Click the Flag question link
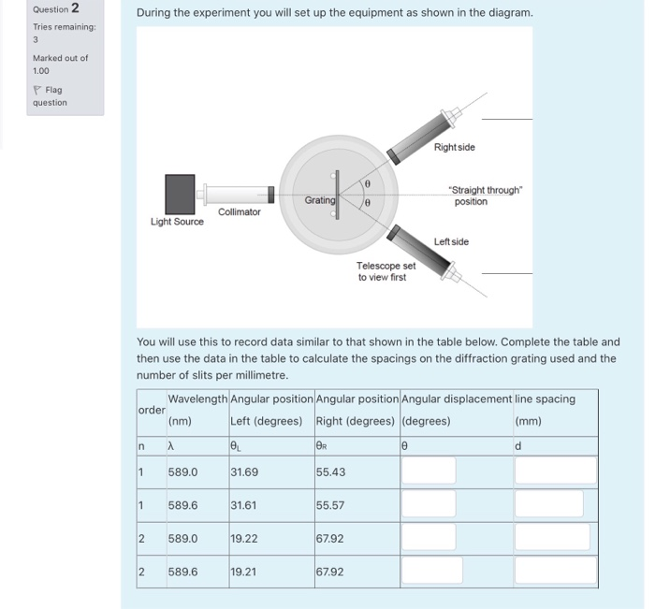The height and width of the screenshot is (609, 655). click(x=51, y=96)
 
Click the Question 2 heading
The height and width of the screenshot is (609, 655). click(x=54, y=9)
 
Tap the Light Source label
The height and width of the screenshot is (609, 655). click(x=177, y=222)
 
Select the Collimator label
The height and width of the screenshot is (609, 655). click(x=239, y=212)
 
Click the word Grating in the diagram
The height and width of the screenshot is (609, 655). click(x=319, y=200)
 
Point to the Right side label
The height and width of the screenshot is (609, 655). click(x=454, y=148)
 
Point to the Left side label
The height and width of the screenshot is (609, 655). click(x=451, y=241)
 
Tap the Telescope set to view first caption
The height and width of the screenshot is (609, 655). click(x=386, y=270)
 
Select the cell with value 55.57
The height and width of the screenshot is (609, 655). click(x=330, y=505)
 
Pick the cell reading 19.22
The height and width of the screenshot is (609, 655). click(x=245, y=538)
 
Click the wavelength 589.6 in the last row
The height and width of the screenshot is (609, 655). click(x=182, y=570)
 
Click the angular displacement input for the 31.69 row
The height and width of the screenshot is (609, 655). click(x=429, y=471)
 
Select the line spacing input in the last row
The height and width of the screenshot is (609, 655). click(x=554, y=570)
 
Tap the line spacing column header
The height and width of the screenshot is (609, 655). click(x=545, y=399)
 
